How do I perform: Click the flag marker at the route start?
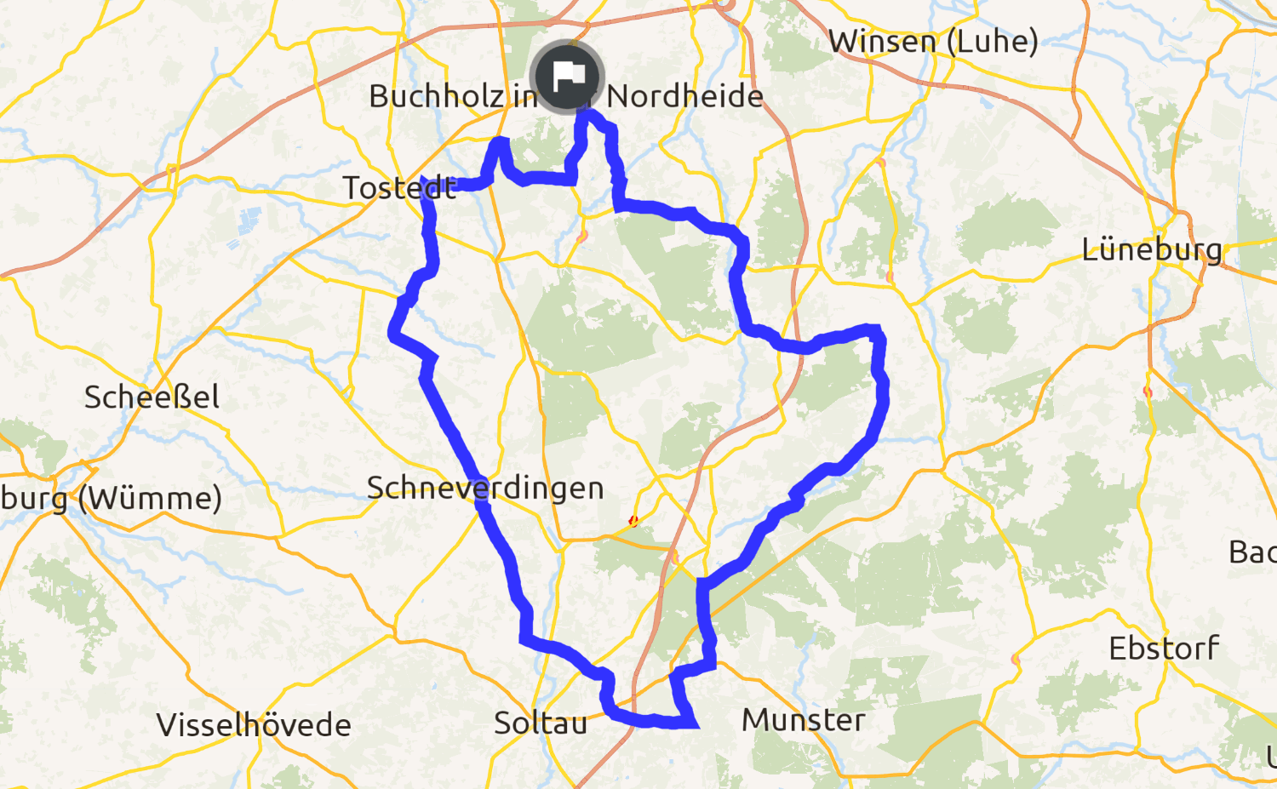(x=567, y=77)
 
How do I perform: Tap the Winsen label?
(x=882, y=41)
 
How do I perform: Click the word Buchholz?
(x=437, y=96)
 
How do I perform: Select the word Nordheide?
(x=684, y=96)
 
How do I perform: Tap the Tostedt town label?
(x=399, y=188)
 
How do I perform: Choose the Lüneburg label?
(x=1152, y=250)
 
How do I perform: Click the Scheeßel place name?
(x=152, y=397)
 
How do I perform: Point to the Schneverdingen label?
(x=485, y=488)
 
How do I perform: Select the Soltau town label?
(x=541, y=723)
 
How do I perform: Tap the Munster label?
(x=804, y=720)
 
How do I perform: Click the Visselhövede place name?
(x=254, y=725)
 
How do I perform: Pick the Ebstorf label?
(x=1164, y=649)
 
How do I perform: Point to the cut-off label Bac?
(x=1252, y=552)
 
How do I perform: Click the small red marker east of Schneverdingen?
(x=633, y=520)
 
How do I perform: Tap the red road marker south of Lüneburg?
(x=1148, y=392)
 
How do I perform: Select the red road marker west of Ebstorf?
(x=1016, y=660)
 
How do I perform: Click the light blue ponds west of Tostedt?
(x=249, y=220)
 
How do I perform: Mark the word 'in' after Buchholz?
(x=524, y=96)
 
